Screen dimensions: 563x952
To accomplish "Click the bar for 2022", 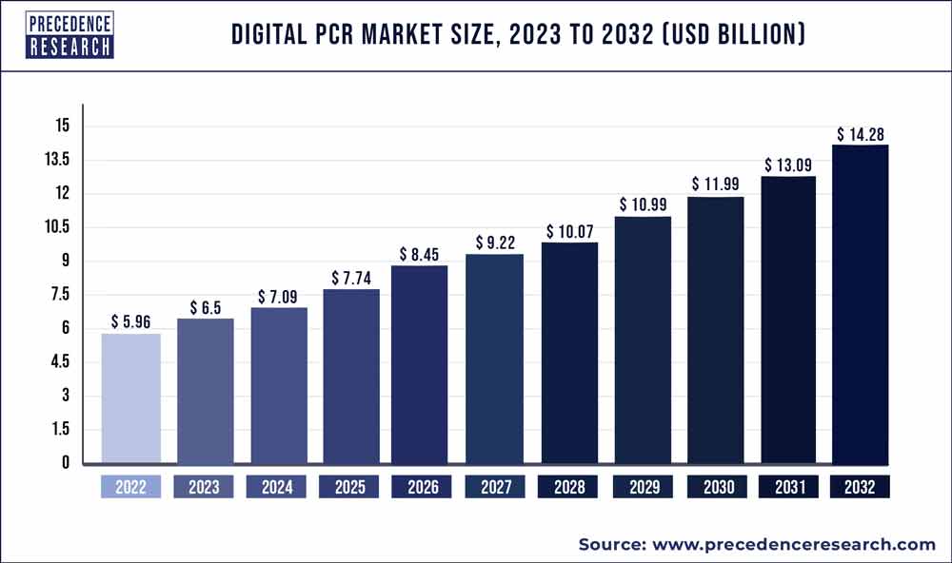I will pos(130,398).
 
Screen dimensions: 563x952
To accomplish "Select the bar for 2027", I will pos(494,359).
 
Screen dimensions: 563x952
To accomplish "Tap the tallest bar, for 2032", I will pos(860,304).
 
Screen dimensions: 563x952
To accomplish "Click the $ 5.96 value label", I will pos(130,321).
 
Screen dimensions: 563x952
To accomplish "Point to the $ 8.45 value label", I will pos(422,254).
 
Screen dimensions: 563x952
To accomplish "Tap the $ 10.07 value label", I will pos(567,231).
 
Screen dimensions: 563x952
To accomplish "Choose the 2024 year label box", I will pos(276,488).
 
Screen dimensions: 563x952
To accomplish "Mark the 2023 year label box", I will pos(204,488).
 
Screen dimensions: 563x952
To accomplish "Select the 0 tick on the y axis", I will pos(65,463).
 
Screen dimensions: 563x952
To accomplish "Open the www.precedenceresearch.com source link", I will pos(793,544).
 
